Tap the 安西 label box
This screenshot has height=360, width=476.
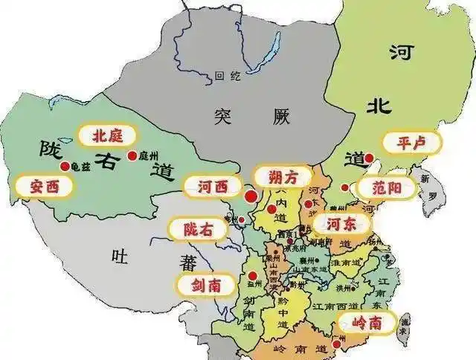(x=45, y=186)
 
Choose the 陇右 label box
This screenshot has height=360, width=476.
(x=197, y=229)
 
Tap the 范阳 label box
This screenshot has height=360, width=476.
(x=385, y=187)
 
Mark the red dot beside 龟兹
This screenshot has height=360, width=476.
(x=65, y=166)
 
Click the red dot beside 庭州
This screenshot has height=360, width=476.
(x=132, y=155)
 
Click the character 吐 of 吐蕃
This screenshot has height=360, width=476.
(x=119, y=257)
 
